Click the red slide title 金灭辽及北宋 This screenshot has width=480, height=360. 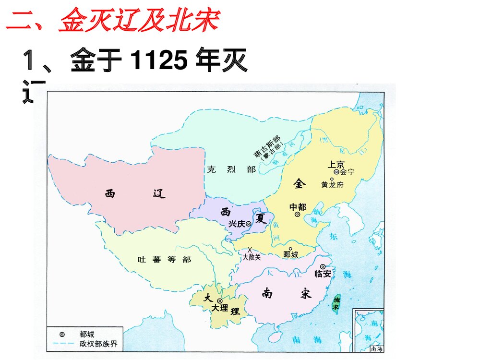139,21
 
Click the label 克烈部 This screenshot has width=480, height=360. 231,169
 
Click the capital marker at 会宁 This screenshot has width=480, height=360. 336,172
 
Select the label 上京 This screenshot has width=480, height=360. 336,164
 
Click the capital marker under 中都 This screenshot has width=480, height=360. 298,215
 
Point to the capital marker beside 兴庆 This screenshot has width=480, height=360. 248,223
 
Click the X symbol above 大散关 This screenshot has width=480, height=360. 250,249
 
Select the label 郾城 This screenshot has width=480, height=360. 291,254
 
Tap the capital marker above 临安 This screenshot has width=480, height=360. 323,266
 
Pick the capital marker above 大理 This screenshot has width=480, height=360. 220,300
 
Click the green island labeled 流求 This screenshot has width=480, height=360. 337,302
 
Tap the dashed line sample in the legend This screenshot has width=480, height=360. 63,344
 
